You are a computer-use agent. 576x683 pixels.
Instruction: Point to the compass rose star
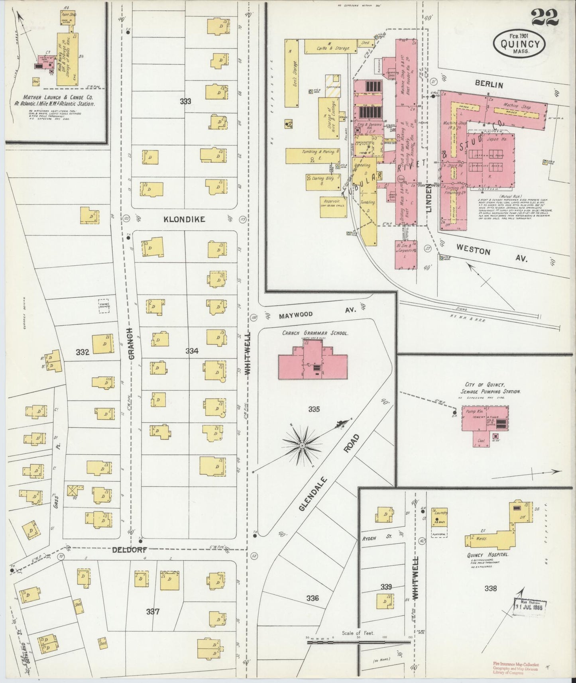coord(302,445)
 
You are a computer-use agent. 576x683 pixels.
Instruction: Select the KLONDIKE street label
coord(184,219)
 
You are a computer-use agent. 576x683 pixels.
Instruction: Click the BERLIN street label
coord(489,84)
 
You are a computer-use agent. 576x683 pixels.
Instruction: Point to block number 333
coord(185,101)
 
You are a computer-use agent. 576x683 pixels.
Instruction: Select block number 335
coord(314,409)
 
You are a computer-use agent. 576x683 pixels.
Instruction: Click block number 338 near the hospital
coord(491,588)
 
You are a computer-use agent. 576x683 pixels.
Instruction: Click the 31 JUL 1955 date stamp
coord(529,607)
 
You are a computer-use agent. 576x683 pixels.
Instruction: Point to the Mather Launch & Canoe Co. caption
coord(58,100)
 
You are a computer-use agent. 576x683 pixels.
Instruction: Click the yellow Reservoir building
coord(333,207)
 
